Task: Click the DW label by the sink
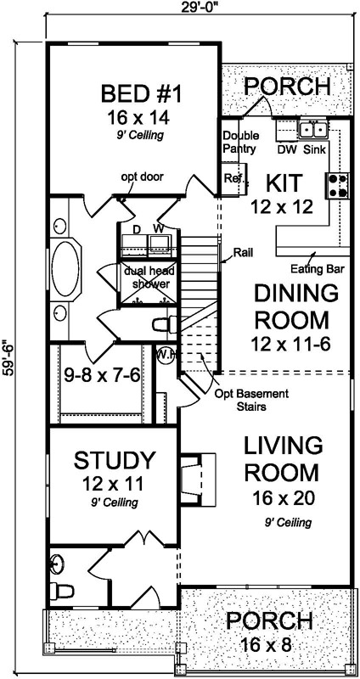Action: click(286, 149)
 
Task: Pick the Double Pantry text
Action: click(240, 143)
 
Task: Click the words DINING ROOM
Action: click(291, 307)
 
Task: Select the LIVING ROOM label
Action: click(283, 458)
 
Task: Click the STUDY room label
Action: click(115, 461)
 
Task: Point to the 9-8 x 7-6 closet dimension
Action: click(102, 374)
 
